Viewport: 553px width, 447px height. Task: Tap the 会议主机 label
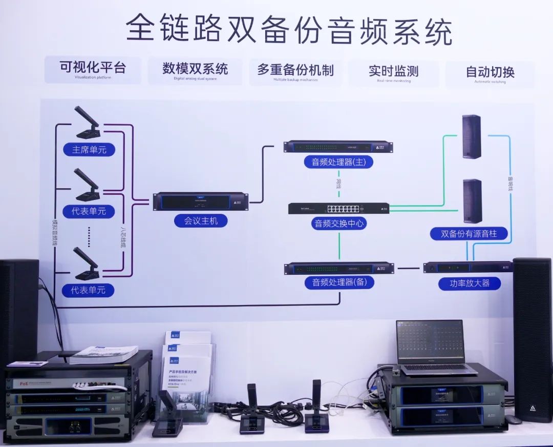tap(201, 221)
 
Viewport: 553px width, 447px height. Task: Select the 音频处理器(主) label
tap(338, 162)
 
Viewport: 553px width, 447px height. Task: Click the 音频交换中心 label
tap(339, 223)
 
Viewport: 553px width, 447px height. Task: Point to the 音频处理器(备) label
tap(339, 282)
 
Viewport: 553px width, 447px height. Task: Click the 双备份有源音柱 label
tap(469, 234)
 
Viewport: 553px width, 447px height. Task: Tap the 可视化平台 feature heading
tap(93, 68)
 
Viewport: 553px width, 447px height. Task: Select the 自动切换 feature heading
tap(490, 72)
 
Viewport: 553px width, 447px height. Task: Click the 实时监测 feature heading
tap(393, 71)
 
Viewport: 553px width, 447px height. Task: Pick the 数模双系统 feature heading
tap(195, 69)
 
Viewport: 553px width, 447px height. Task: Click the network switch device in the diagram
tap(338, 208)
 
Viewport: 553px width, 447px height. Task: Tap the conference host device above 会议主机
tap(201, 201)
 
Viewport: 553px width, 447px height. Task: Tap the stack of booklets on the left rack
tap(103, 355)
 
